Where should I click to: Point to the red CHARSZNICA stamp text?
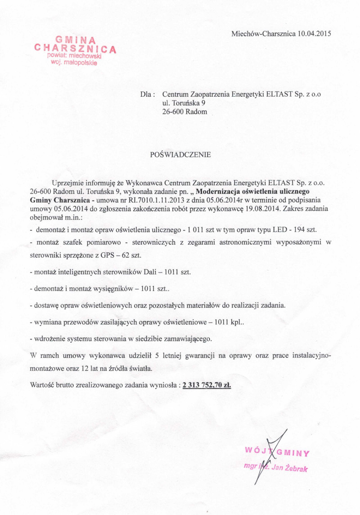(x=75, y=48)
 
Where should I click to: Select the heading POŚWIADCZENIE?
(x=180, y=154)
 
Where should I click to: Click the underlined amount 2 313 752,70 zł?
(x=207, y=385)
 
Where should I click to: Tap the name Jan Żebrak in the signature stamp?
(x=290, y=468)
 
